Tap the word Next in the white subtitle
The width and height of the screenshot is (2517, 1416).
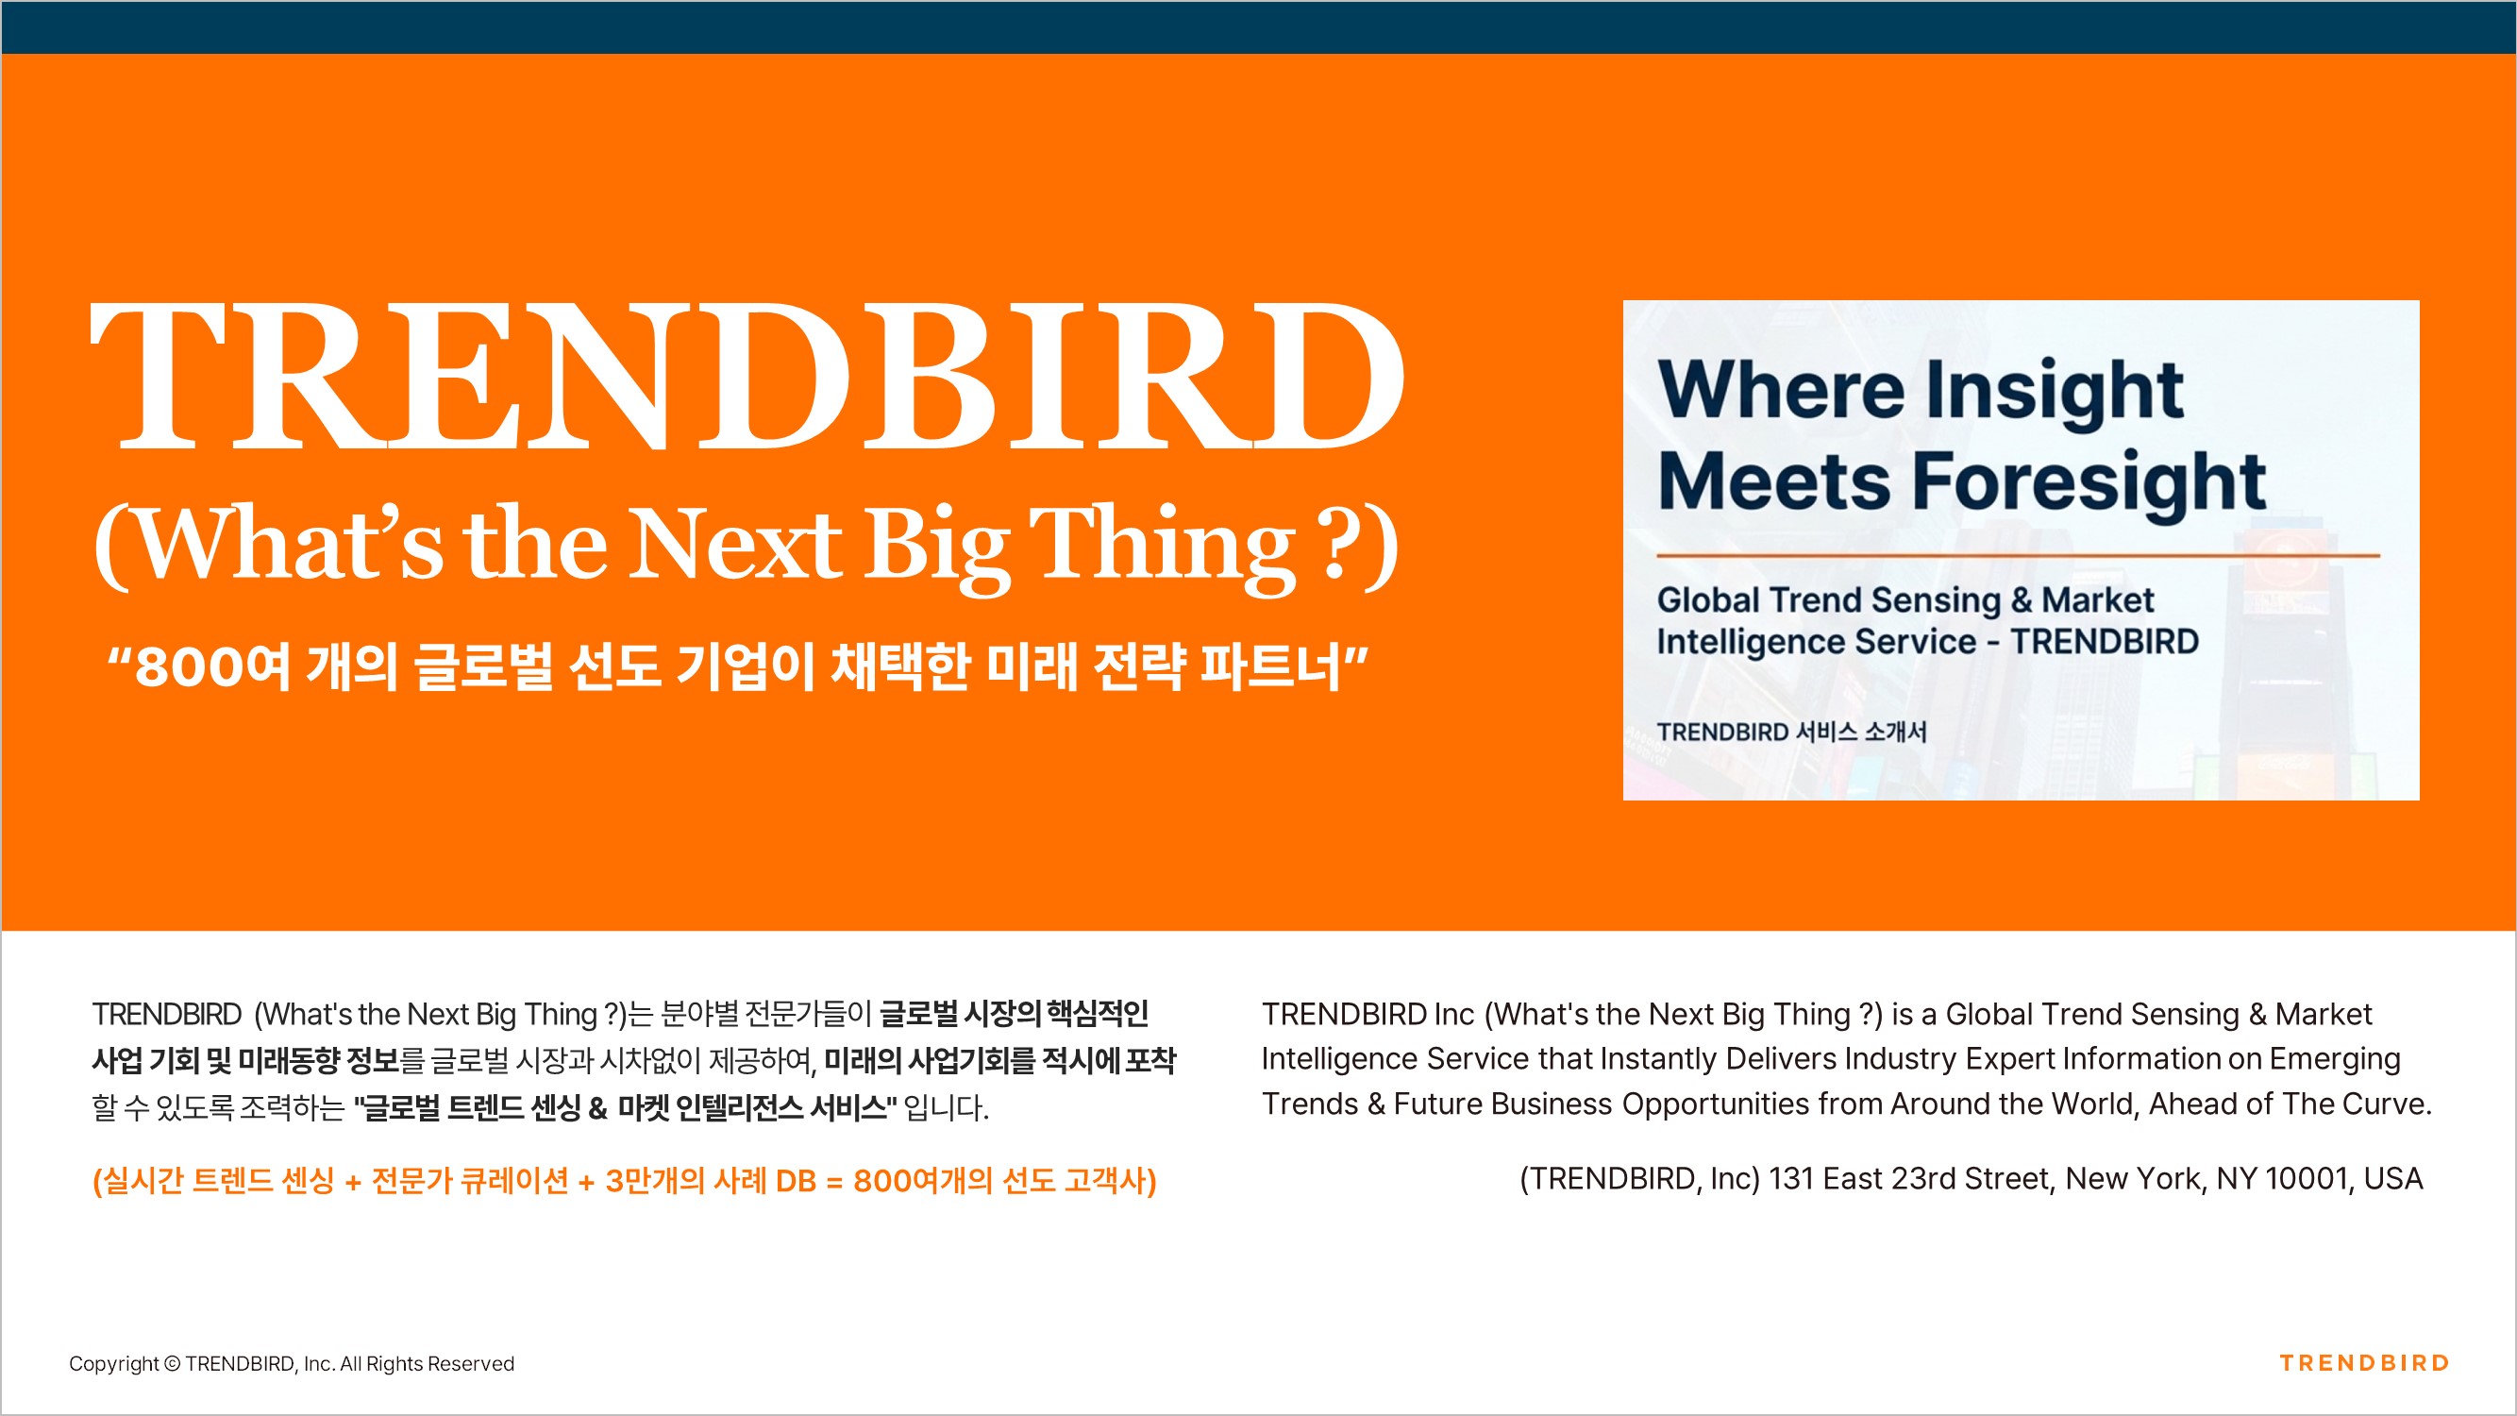click(x=735, y=544)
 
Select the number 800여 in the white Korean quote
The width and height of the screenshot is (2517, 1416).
click(x=212, y=667)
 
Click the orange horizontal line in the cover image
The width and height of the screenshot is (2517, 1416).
click(x=2018, y=555)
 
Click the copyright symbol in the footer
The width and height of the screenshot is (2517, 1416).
click(x=172, y=1363)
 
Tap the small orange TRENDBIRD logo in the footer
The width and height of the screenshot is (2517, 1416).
click(x=2364, y=1363)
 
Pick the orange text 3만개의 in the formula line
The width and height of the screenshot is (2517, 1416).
click(x=655, y=1181)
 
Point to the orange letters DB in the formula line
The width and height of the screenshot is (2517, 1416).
click(x=796, y=1181)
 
